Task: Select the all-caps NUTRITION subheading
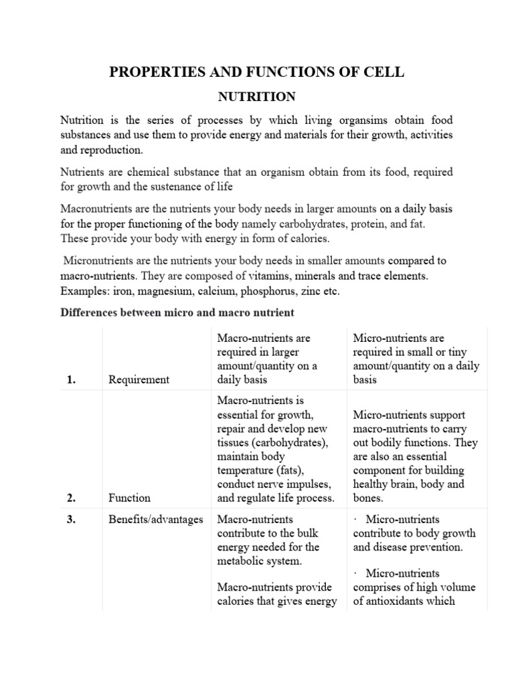point(257,97)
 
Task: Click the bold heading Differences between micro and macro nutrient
point(177,312)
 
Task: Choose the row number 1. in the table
point(71,380)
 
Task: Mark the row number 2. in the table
point(71,498)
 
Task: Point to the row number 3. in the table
point(71,520)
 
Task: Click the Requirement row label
point(139,380)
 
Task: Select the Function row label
point(129,498)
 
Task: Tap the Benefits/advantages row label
point(155,520)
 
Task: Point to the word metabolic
point(240,561)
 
